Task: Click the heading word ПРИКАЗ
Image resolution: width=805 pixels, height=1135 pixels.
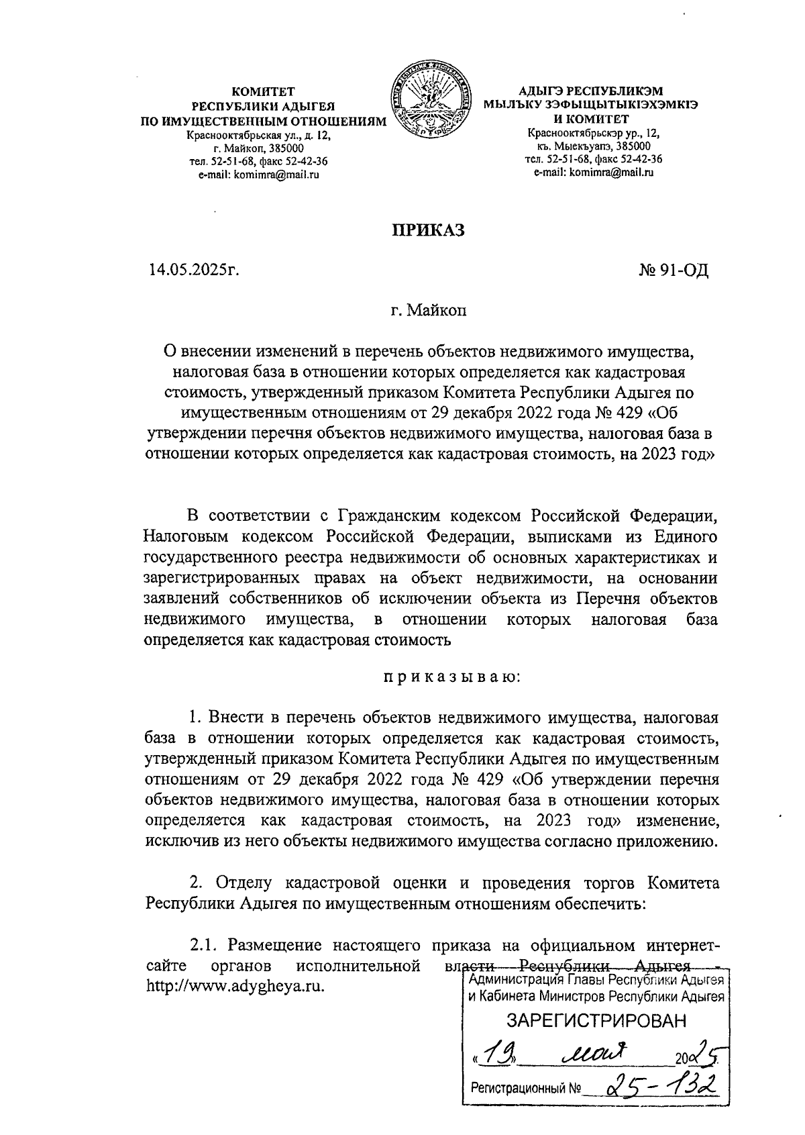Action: (x=428, y=230)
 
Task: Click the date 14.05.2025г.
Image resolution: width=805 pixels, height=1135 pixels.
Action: (x=195, y=270)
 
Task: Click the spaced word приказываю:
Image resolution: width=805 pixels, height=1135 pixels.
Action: (x=451, y=677)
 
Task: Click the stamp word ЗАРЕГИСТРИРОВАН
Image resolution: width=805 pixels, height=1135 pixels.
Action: (x=596, y=1022)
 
